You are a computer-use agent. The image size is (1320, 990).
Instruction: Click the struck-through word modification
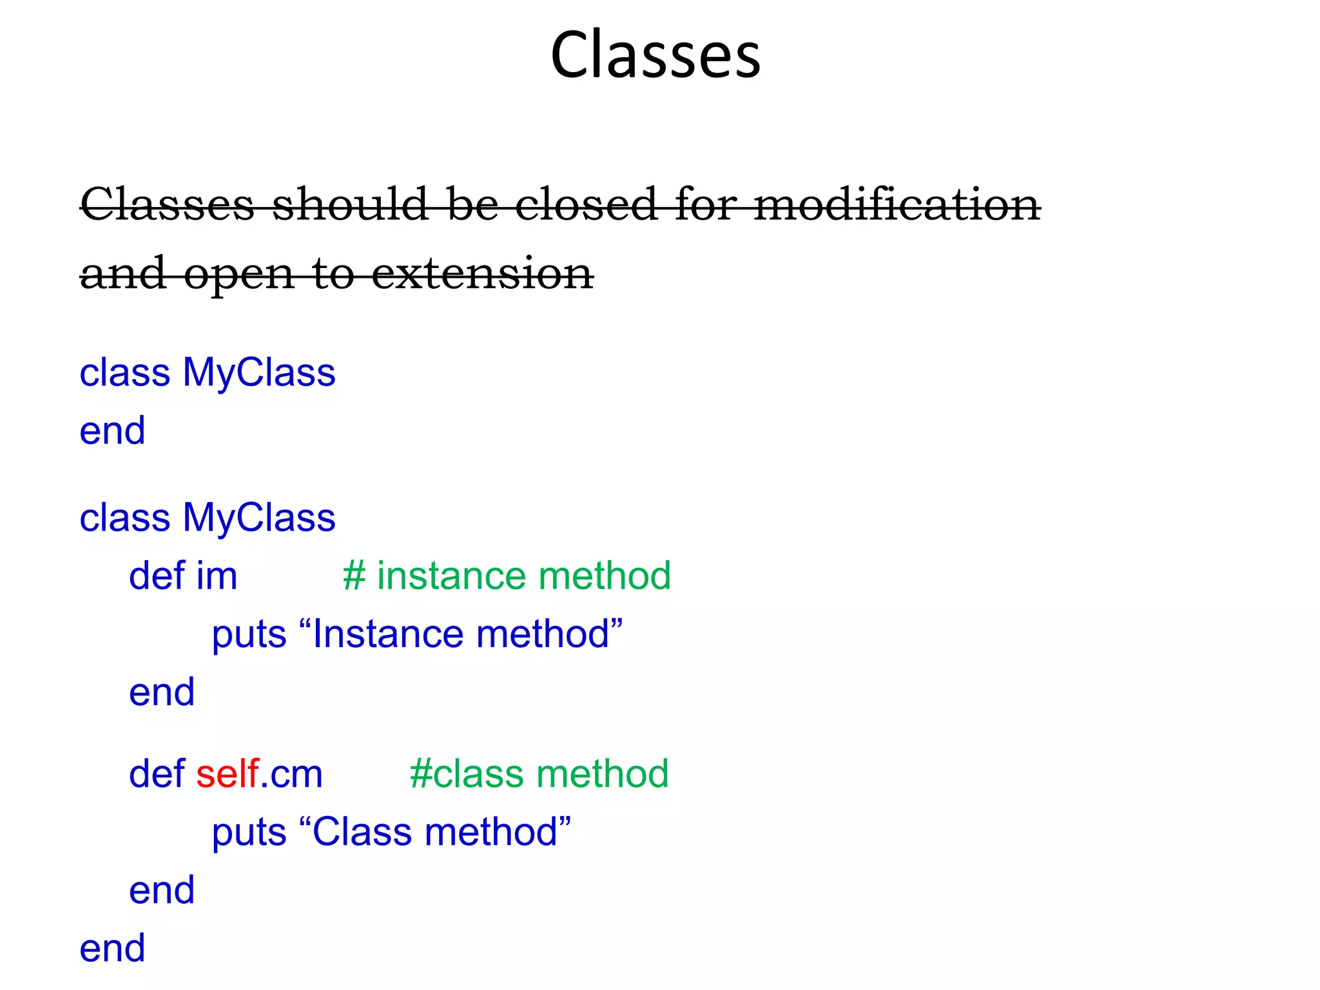click(897, 204)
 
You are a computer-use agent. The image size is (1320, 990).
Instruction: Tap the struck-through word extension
click(482, 274)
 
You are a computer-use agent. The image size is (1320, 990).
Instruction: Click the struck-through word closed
click(585, 204)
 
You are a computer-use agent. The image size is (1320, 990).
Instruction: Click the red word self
click(227, 773)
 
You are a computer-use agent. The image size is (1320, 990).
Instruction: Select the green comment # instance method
click(507, 576)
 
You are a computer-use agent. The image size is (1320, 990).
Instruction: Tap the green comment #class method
click(539, 773)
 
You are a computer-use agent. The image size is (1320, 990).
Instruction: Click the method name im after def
click(217, 576)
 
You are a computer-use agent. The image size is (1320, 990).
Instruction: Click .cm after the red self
click(291, 775)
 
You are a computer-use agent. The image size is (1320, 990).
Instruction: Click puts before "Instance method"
click(249, 635)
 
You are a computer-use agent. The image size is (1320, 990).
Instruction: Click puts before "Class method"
click(249, 833)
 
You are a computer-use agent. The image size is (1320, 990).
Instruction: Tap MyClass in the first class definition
click(259, 373)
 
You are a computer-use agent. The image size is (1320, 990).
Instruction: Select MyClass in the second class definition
click(259, 518)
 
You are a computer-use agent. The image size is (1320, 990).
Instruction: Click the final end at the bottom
click(112, 948)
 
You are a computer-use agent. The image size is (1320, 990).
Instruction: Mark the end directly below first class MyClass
click(112, 431)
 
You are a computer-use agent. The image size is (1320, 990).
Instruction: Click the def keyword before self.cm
click(157, 773)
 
